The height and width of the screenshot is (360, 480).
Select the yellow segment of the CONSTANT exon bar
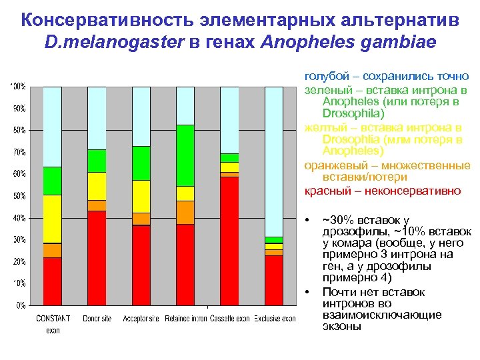coord(53,219)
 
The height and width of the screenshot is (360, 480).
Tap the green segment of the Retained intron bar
coord(185,155)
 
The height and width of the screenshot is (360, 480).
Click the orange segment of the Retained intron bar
coord(185,212)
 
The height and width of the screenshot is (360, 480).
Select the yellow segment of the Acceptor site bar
coord(141,196)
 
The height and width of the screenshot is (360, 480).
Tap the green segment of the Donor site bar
coord(97,161)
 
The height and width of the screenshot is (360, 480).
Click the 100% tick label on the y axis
coord(18,87)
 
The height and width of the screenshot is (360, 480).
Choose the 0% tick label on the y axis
coord(20,305)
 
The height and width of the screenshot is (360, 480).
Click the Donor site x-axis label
coord(97,319)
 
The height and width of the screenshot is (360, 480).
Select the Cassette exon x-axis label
coord(230,319)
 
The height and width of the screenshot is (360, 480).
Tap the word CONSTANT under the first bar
coord(53,319)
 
